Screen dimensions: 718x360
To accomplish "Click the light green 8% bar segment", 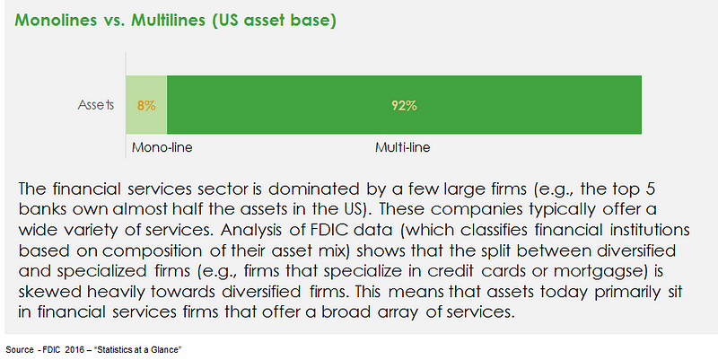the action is click(x=146, y=105).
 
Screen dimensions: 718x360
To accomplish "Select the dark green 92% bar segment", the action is click(x=405, y=105).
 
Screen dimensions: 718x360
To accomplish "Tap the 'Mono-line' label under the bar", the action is click(x=162, y=147).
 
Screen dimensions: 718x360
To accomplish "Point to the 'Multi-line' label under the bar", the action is click(x=402, y=147).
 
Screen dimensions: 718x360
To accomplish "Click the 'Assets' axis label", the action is click(x=96, y=105).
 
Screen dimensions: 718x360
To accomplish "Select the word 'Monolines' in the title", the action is click(x=56, y=20).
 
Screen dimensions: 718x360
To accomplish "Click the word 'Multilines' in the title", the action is click(x=168, y=20).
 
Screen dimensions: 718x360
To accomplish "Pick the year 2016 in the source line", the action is click(x=74, y=350).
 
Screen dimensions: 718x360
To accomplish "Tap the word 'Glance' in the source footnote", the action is click(x=168, y=350).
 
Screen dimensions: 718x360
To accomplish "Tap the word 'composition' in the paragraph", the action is click(x=152, y=251).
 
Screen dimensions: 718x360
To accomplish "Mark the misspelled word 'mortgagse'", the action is click(x=600, y=272).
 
